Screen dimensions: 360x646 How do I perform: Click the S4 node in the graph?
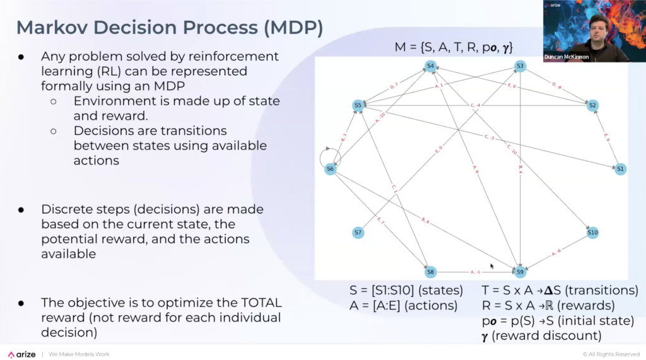coord(430,66)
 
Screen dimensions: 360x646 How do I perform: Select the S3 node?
coord(520,66)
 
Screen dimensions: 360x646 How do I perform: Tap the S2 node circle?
coord(592,105)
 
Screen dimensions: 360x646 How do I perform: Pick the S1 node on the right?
coord(620,169)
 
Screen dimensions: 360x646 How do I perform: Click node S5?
coord(358,105)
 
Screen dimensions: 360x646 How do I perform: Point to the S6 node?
coord(330,169)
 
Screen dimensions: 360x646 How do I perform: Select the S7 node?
coord(358,233)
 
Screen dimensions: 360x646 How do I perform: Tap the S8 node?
coord(430,272)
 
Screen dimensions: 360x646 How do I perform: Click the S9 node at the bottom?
coord(520,272)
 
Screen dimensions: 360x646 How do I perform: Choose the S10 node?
coord(592,233)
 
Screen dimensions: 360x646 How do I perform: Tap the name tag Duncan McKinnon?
coord(566,57)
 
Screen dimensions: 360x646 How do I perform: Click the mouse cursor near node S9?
coord(492,267)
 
